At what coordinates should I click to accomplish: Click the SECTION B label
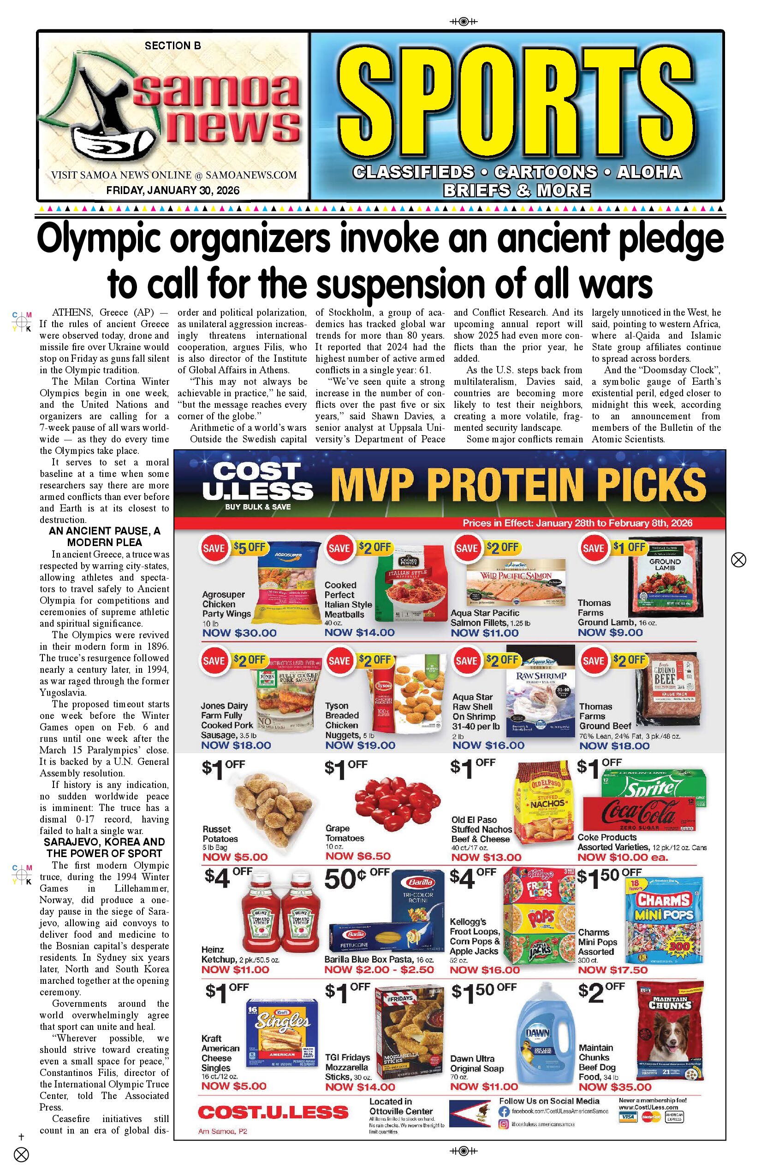[x=173, y=46]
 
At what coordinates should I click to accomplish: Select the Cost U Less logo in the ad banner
[x=257, y=485]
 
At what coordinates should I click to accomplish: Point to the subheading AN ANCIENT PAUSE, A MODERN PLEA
[x=104, y=537]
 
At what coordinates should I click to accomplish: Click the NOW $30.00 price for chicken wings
[x=239, y=633]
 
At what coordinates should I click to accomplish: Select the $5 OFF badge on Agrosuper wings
[x=250, y=547]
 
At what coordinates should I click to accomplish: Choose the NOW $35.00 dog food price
[x=615, y=1087]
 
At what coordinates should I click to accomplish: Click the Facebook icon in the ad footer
[x=504, y=1112]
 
